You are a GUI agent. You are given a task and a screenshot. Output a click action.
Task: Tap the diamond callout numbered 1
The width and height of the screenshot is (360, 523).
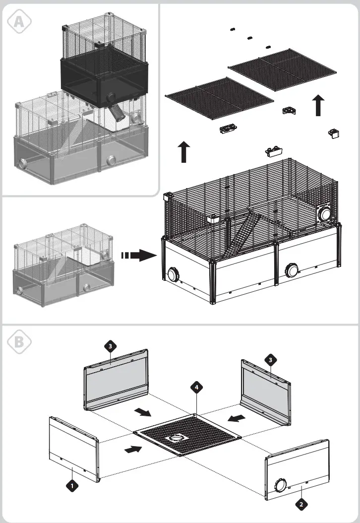coord(72,486)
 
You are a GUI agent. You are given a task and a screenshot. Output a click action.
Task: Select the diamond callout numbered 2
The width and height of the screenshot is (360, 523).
coord(301,505)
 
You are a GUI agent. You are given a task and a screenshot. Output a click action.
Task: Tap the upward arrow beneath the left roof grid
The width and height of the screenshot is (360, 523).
coord(184,151)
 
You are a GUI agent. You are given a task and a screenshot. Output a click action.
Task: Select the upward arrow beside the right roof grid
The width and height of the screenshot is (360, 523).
coord(318,106)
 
